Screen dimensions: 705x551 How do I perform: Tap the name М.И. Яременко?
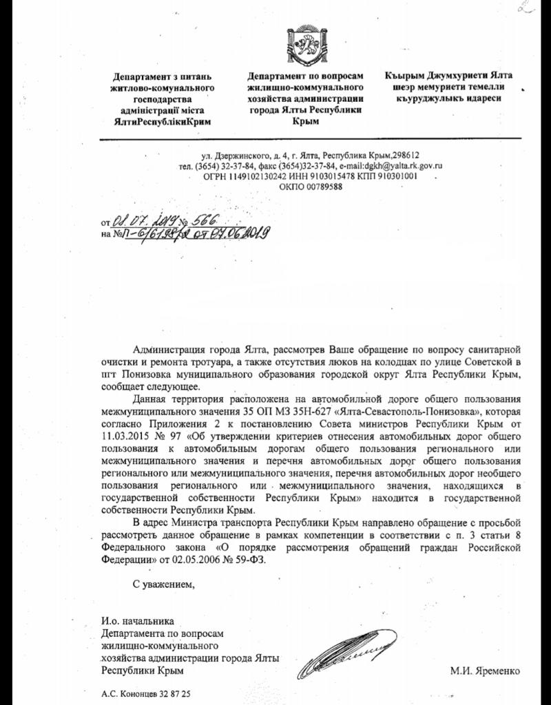[485, 671]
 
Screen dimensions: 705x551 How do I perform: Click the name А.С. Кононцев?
[127, 695]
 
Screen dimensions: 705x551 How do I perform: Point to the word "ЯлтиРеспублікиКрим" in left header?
[163, 120]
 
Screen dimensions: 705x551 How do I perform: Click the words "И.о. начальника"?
[133, 622]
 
